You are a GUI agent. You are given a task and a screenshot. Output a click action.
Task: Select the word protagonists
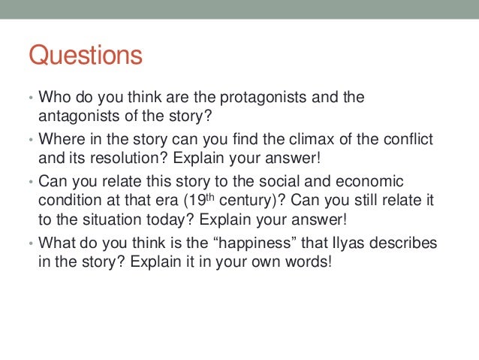point(259,98)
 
